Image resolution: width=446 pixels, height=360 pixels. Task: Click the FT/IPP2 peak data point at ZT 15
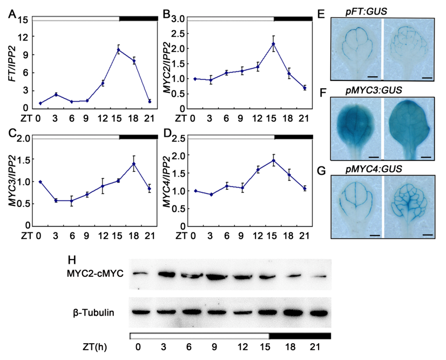pos(118,50)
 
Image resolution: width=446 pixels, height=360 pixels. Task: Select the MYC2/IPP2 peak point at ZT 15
pos(273,44)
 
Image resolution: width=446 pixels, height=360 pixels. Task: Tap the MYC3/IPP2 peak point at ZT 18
pos(134,164)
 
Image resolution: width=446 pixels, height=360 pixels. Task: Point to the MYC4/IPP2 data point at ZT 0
pos(195,191)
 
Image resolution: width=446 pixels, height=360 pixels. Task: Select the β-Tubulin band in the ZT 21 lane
pos(319,312)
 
